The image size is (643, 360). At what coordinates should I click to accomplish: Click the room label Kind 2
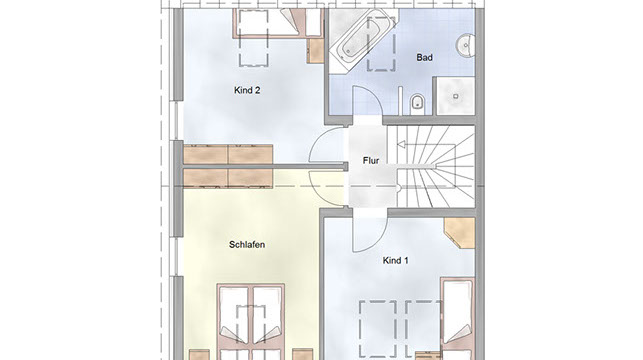(x=247, y=90)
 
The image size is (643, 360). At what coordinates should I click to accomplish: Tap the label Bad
(x=424, y=57)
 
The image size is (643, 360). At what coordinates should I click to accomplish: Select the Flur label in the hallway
(x=371, y=161)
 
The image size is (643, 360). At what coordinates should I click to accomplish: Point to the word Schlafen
(x=247, y=245)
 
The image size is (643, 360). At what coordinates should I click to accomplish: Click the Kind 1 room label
(x=395, y=260)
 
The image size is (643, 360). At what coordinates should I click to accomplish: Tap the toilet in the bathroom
(x=417, y=103)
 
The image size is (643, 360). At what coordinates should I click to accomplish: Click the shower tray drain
(x=456, y=96)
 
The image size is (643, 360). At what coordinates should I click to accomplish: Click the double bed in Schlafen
(x=251, y=321)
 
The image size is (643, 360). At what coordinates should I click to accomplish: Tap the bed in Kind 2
(x=277, y=23)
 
